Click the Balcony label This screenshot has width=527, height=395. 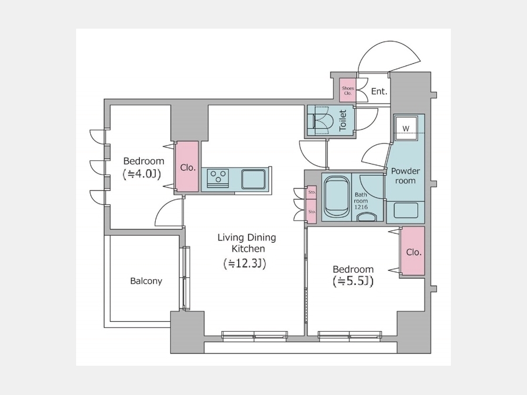click(146, 281)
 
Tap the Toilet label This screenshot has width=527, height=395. click(343, 121)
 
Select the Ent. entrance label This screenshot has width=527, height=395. click(379, 91)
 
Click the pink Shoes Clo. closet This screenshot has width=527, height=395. click(347, 90)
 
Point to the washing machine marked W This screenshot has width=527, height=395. click(406, 128)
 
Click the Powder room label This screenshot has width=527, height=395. click(405, 176)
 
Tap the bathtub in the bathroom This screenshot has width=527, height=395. click(337, 197)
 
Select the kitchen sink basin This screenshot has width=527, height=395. click(253, 179)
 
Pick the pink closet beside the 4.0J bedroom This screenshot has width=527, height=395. click(187, 167)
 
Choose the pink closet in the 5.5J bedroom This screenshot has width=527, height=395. click(413, 251)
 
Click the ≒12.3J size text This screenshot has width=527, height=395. click(245, 264)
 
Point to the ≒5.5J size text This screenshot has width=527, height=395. click(353, 281)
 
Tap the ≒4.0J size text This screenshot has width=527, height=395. click(142, 173)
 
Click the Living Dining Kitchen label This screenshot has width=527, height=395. click(247, 243)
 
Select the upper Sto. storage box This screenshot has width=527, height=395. click(312, 193)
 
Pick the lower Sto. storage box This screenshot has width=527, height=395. click(312, 212)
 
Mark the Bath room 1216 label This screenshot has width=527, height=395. click(361, 201)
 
